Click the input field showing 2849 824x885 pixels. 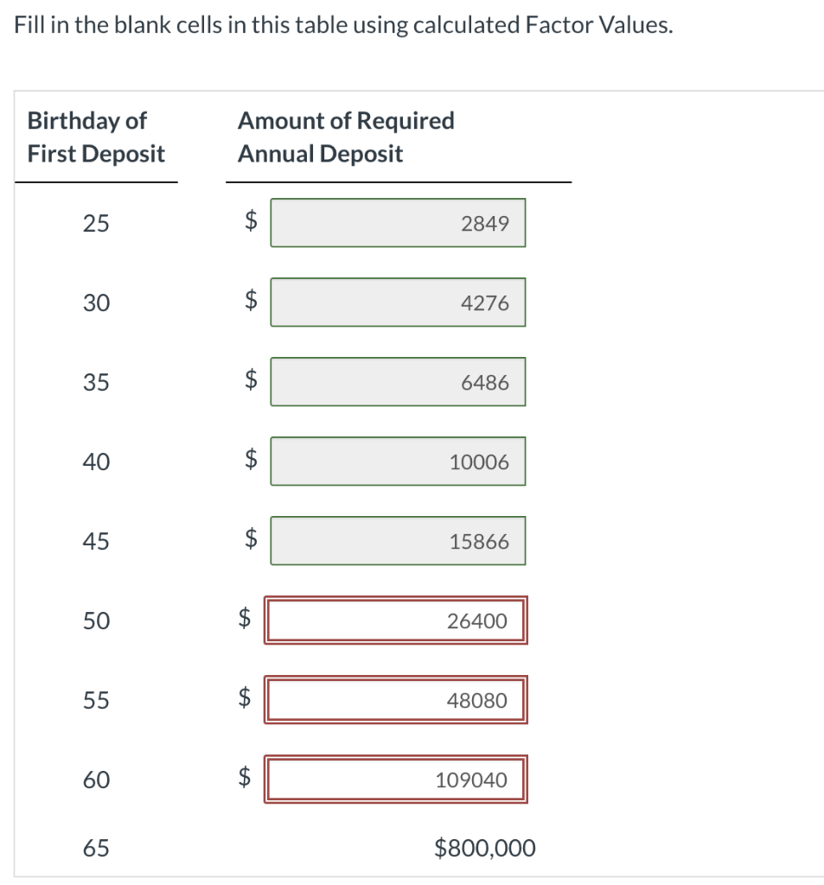pyautogui.click(x=398, y=223)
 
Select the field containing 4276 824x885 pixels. pyautogui.click(x=398, y=302)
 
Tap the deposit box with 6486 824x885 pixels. pyautogui.click(x=398, y=382)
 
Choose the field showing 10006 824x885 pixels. pyautogui.click(x=398, y=462)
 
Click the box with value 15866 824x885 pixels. pyautogui.click(x=398, y=541)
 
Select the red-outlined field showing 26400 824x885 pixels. pyautogui.click(x=396, y=621)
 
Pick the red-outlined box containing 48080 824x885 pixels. pyautogui.click(x=396, y=700)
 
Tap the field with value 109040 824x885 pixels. pyautogui.click(x=396, y=780)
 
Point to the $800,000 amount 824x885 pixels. pyautogui.click(x=485, y=848)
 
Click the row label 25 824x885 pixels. pyautogui.click(x=96, y=224)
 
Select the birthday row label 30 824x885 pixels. pyautogui.click(x=96, y=303)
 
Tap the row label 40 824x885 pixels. pyautogui.click(x=96, y=462)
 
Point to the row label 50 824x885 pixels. pyautogui.click(x=96, y=621)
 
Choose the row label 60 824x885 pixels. pyautogui.click(x=96, y=780)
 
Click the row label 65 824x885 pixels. pyautogui.click(x=96, y=849)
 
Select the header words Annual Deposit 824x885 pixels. pyautogui.click(x=320, y=154)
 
